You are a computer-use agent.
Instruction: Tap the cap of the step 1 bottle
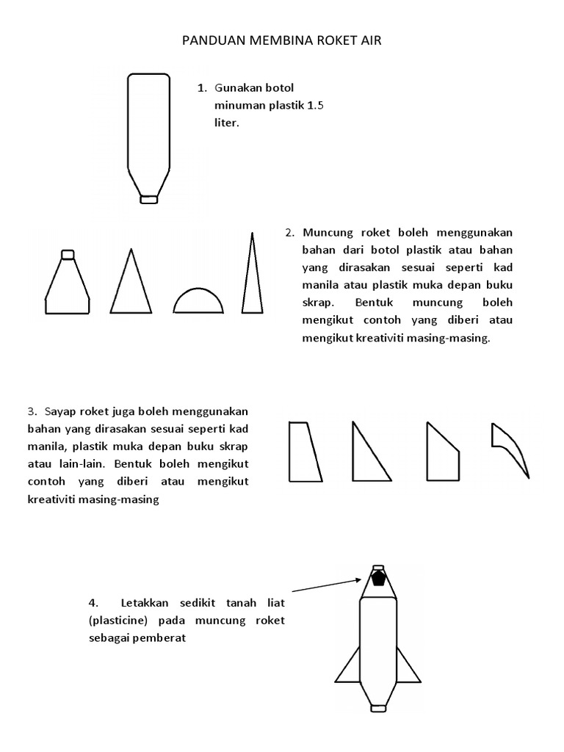[149, 198]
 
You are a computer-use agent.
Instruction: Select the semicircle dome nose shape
[196, 303]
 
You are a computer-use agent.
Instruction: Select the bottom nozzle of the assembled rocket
[378, 707]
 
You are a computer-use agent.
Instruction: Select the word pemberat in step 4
[162, 638]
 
